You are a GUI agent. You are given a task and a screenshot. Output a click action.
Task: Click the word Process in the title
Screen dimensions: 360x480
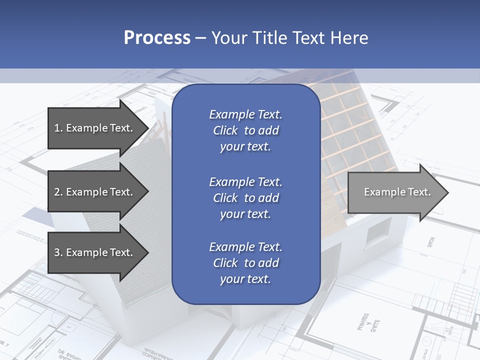[x=157, y=38]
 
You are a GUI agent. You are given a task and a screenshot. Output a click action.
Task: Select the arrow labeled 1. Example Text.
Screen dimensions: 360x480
[x=95, y=128]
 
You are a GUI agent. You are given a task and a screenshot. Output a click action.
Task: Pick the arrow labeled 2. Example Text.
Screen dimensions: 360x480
[x=95, y=192]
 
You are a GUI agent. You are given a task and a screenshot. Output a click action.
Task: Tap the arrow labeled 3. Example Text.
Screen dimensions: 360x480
[x=95, y=252]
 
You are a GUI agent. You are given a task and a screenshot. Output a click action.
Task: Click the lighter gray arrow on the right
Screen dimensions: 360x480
[x=395, y=192]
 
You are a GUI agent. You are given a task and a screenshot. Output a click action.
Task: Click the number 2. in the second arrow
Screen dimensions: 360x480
[x=58, y=192]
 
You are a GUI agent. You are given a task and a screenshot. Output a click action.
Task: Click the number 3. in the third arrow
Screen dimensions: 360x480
[x=58, y=252]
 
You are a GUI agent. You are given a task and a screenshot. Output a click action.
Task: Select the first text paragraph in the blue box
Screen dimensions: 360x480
[x=245, y=130]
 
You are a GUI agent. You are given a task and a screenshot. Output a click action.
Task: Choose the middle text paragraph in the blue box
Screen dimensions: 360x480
[x=245, y=198]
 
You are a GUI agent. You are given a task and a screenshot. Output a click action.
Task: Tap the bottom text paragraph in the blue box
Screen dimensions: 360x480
[x=245, y=263]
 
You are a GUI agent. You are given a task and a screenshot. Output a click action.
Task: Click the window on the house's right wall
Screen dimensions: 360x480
[x=378, y=231]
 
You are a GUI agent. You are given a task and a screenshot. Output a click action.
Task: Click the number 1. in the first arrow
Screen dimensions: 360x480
[x=58, y=128]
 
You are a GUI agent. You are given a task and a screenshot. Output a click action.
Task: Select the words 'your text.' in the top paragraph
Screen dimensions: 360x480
[x=245, y=147]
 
